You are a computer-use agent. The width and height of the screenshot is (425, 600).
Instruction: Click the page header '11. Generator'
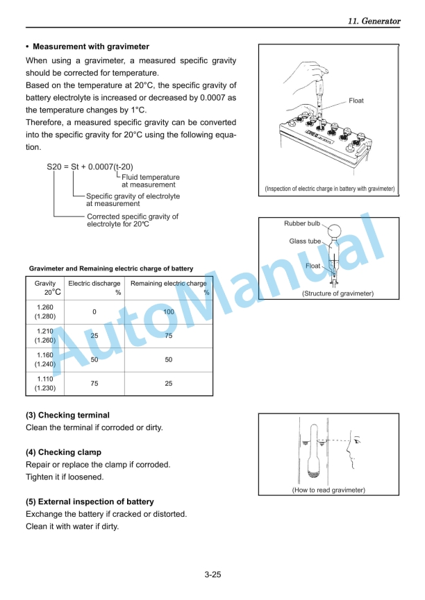(x=374, y=22)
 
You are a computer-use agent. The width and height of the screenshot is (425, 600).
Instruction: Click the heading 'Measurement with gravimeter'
(x=91, y=46)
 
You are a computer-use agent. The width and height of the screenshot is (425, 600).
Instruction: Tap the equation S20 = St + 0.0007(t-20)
(x=90, y=166)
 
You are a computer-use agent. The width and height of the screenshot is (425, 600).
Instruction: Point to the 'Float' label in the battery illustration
(x=356, y=101)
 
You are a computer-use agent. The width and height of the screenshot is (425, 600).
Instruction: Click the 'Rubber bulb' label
(x=302, y=223)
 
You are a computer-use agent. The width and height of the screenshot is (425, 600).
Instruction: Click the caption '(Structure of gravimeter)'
(x=337, y=293)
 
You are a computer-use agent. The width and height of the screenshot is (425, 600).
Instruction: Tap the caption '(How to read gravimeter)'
(x=328, y=490)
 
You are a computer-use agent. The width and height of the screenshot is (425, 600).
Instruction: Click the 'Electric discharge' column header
(x=94, y=283)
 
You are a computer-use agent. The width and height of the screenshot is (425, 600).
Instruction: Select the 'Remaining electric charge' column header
(x=169, y=283)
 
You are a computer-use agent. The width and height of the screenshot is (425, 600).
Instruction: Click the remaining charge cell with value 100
(x=169, y=312)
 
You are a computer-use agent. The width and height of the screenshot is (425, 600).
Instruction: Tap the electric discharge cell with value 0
(x=94, y=312)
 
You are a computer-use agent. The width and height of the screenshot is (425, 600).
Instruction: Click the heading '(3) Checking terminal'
(x=67, y=415)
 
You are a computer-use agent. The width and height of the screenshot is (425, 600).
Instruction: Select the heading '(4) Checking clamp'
(x=63, y=452)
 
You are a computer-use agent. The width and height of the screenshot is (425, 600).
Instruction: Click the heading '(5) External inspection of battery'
(x=90, y=502)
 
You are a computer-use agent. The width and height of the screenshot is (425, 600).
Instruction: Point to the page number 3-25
(x=212, y=574)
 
